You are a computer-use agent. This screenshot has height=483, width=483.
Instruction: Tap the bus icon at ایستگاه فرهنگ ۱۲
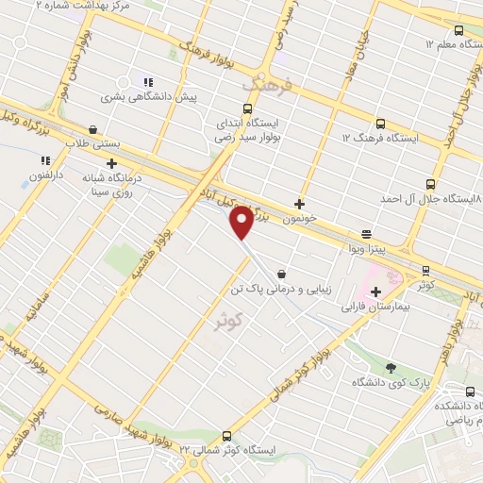point(379,124)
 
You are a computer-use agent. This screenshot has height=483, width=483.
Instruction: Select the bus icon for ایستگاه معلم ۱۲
point(458,29)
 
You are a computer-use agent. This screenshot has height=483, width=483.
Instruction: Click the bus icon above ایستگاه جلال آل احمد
point(430,184)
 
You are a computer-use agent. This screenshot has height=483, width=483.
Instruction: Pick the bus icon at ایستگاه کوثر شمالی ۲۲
point(225,435)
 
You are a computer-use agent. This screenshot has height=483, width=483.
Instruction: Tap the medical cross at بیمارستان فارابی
point(375,291)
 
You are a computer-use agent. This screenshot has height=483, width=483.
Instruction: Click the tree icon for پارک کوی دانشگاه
point(391,367)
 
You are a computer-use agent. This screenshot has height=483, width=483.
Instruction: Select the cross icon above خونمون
point(300,203)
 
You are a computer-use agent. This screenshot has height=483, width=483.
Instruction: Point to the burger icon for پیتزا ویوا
point(366,233)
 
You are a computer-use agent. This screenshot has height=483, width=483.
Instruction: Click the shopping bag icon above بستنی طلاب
point(92,130)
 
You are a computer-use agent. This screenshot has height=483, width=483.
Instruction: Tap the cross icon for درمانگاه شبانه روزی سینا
point(112,163)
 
